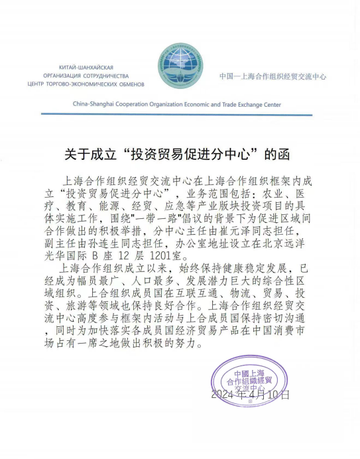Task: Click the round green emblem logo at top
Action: (x=181, y=65)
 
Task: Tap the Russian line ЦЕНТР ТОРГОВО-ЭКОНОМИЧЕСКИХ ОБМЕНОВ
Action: (x=86, y=84)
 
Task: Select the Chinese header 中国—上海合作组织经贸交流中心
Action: (x=272, y=77)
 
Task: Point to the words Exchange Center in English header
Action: (x=257, y=104)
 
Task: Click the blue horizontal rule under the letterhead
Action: (x=180, y=114)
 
